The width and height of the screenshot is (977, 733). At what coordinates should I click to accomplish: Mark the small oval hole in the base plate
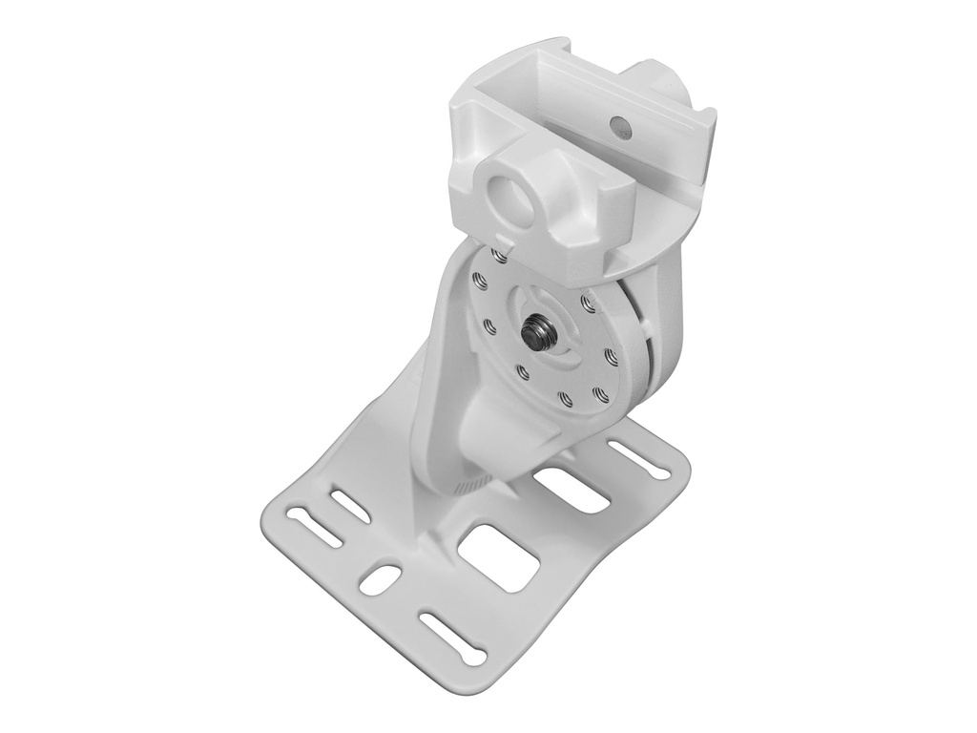pyautogui.click(x=381, y=576)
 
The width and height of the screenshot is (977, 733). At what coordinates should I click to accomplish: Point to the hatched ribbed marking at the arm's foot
pyautogui.click(x=470, y=487)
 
